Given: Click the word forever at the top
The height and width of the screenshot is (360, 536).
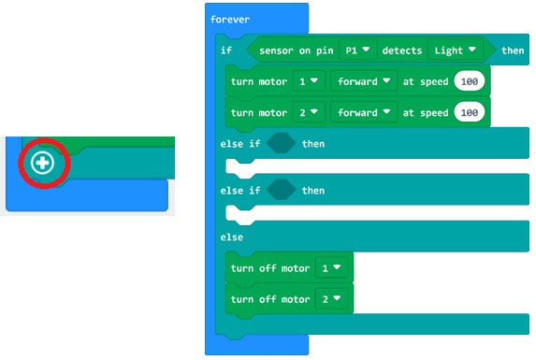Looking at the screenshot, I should [230, 19].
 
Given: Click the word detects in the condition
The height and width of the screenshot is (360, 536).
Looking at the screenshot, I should [402, 50].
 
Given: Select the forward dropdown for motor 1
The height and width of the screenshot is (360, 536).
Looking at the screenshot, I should [365, 81].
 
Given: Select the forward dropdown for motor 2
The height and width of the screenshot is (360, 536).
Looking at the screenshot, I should [365, 113].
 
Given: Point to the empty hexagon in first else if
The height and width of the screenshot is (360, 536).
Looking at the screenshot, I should [281, 144].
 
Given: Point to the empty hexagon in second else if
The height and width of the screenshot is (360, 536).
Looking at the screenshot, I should [281, 191].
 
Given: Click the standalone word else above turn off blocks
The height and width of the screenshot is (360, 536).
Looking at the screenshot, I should [232, 238].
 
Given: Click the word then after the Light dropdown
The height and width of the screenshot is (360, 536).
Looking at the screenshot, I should [513, 50].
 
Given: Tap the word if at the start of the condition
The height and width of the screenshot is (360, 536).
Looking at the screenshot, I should [226, 50].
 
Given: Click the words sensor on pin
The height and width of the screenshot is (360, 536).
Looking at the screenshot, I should [296, 50].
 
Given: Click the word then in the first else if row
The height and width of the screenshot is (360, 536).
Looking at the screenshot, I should [313, 144].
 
